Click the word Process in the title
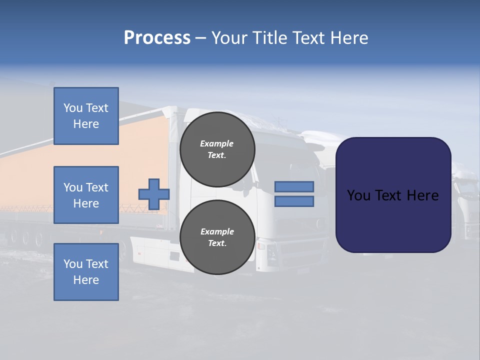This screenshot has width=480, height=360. coord(157,38)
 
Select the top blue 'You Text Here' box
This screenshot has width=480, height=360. coord(86,116)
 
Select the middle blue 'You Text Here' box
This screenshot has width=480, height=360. coord(86,195)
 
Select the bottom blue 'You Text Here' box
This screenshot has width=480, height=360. coord(86,272)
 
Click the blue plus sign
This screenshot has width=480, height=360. coord(153,194)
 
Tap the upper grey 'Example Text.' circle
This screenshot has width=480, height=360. coord(217,149)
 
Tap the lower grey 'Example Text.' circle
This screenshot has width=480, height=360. coord(217,237)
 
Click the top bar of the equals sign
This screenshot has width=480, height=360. coord(294,186)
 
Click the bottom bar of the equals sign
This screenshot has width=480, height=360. coord(294,201)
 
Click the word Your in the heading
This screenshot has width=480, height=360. coord(229,38)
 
